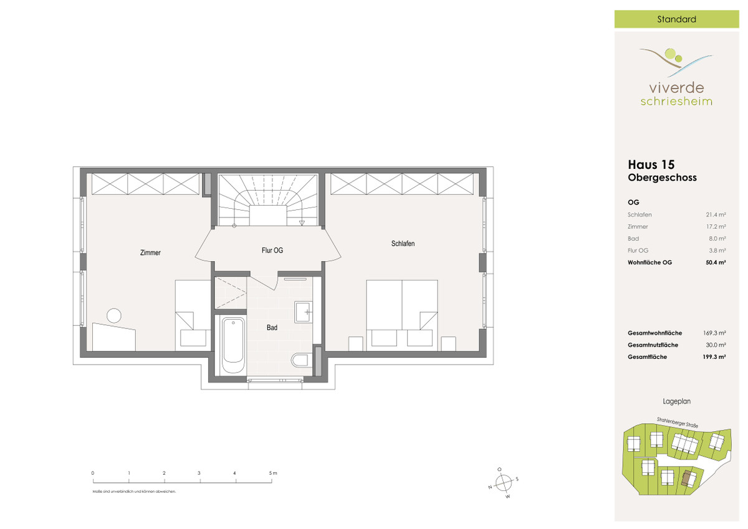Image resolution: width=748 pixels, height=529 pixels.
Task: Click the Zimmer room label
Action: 150,252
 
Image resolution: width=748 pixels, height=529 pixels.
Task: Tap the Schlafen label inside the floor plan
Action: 403,244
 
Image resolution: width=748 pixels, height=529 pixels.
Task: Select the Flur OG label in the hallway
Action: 272,250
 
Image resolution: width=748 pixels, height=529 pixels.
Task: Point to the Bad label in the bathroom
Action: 272,328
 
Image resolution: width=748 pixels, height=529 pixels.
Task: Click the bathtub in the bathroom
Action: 233,345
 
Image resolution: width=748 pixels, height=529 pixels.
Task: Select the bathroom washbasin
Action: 304,312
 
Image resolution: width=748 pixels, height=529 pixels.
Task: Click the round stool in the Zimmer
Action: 114,315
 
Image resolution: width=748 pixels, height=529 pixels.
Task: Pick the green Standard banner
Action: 676,19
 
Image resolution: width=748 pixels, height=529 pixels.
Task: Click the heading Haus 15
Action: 651,164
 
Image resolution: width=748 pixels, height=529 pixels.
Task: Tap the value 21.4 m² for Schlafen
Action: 716,214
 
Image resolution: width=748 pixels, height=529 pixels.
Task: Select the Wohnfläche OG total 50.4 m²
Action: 716,262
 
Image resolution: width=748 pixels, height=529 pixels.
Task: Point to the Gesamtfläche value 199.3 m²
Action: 714,357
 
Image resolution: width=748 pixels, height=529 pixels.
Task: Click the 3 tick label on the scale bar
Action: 199,473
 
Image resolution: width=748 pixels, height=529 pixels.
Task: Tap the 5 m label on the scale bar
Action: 273,473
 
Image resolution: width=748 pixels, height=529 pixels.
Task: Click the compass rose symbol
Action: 504,483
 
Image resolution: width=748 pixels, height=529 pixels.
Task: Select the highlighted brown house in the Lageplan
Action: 687,479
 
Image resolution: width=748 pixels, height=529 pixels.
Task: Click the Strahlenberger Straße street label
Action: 677,422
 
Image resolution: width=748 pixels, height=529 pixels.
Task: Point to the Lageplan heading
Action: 676,401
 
